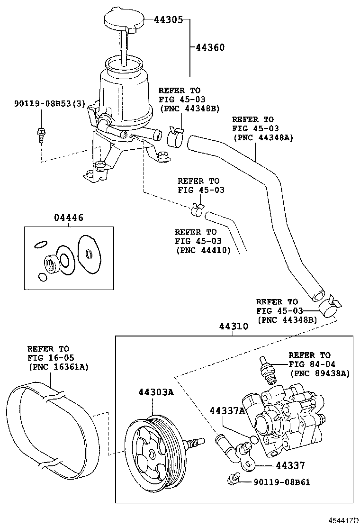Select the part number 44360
click(x=209, y=47)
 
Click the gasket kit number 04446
click(x=69, y=218)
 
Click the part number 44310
click(x=233, y=327)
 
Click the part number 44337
click(x=290, y=466)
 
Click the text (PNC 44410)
click(x=203, y=250)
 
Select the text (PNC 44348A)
click(x=263, y=137)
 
